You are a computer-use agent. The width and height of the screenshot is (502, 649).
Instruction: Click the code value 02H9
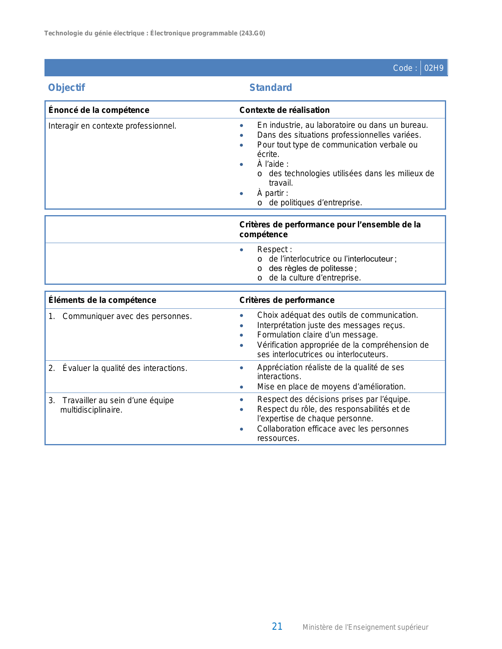click(x=433, y=68)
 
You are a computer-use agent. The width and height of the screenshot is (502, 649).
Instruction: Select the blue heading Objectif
click(x=67, y=88)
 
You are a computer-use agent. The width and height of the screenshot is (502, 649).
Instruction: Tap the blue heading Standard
click(x=270, y=88)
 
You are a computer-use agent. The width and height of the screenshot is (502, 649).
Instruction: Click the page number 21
click(x=277, y=627)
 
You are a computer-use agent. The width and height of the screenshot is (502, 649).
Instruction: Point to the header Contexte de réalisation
click(x=284, y=110)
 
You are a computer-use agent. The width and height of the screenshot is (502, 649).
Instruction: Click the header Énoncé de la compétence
click(x=99, y=110)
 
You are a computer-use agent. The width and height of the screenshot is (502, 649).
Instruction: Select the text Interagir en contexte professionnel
click(x=112, y=126)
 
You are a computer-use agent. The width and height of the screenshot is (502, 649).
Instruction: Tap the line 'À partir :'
click(x=272, y=193)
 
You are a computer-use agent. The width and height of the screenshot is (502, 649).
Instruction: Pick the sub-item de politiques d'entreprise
click(x=315, y=203)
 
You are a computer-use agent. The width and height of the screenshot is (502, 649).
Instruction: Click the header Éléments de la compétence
click(x=102, y=300)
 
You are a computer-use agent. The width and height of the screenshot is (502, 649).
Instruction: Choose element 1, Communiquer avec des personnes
click(x=127, y=316)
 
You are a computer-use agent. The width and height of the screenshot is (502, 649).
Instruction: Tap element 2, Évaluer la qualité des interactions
click(x=124, y=368)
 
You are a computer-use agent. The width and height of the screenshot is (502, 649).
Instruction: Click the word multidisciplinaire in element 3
click(x=91, y=410)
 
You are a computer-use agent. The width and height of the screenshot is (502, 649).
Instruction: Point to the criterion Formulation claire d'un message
click(x=317, y=335)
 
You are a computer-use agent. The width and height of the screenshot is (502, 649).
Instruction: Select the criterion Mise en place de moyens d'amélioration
click(x=331, y=387)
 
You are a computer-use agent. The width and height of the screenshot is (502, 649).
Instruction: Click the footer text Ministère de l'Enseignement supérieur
click(x=365, y=627)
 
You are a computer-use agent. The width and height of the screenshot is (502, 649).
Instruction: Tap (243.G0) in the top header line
click(x=252, y=33)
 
